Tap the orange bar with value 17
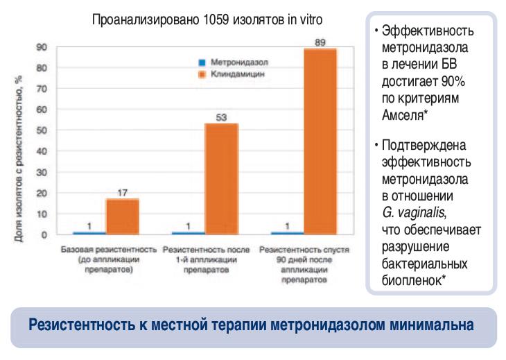point(122,216)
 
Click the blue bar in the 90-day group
point(287,233)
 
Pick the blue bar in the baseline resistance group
point(89,233)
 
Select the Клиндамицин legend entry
point(223,72)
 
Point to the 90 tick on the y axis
point(42,47)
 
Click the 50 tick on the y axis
point(42,130)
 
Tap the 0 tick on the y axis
point(44,234)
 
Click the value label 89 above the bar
point(321,42)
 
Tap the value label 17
point(122,192)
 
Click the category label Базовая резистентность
point(106,248)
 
